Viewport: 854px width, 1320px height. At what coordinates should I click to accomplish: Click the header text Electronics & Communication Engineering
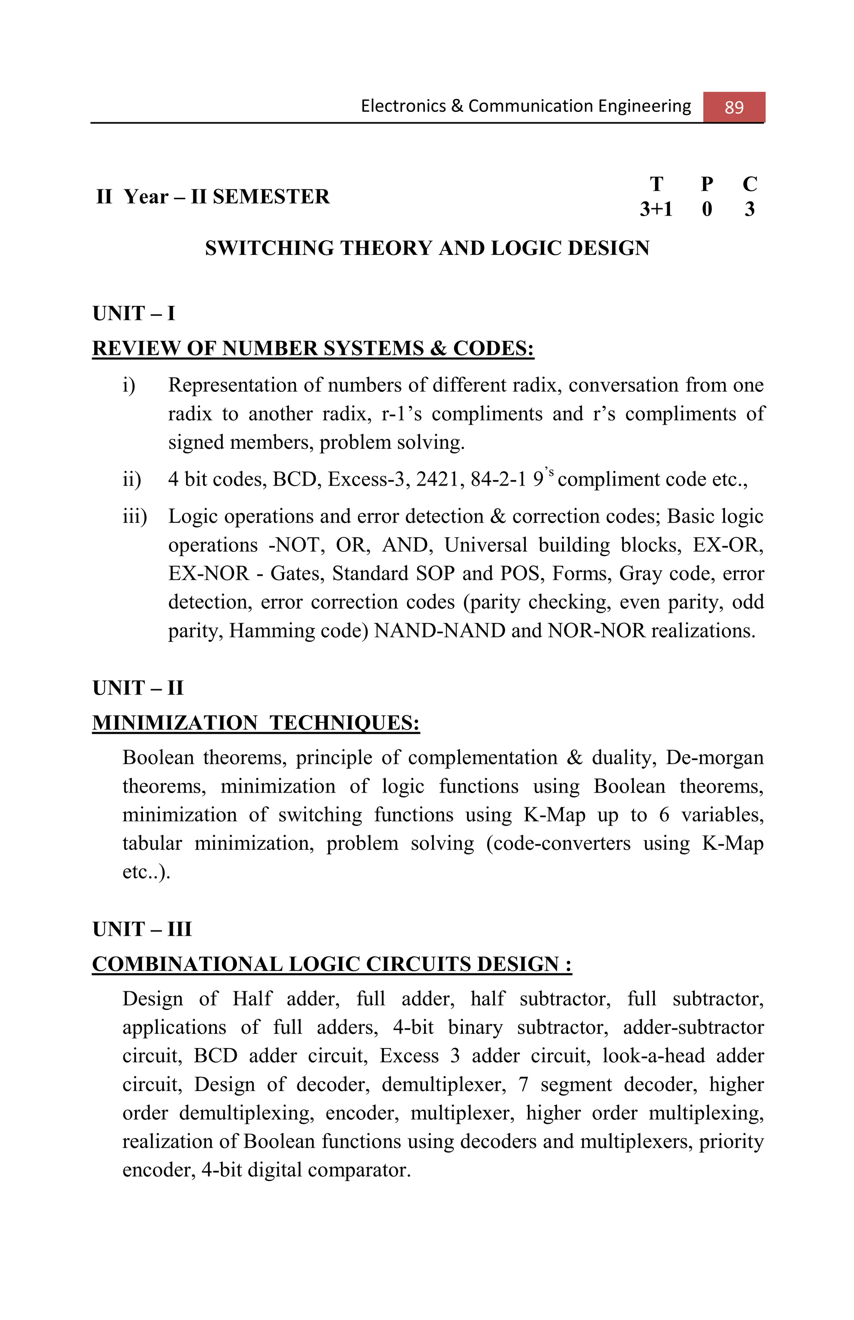[525, 106]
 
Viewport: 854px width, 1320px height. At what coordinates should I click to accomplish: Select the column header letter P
[706, 184]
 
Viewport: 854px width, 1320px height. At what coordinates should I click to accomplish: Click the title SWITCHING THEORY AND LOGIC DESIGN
[427, 248]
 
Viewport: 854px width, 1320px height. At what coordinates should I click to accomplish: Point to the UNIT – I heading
[133, 313]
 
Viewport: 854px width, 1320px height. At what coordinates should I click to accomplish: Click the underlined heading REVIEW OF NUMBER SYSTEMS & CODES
[313, 348]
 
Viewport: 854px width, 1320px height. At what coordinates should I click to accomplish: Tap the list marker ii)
[132, 479]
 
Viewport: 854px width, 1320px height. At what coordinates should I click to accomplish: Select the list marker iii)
[135, 516]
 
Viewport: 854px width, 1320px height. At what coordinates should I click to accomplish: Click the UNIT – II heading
[138, 688]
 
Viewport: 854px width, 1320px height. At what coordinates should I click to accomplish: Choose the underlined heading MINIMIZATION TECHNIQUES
[256, 723]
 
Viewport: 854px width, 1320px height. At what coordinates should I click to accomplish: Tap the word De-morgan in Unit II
[714, 758]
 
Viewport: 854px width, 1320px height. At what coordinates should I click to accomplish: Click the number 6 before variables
[664, 815]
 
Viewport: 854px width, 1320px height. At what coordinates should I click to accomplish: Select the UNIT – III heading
[142, 929]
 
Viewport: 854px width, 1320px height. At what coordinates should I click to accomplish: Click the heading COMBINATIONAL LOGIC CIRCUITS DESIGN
[332, 964]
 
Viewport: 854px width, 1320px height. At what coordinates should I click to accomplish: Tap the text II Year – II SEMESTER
[213, 197]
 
